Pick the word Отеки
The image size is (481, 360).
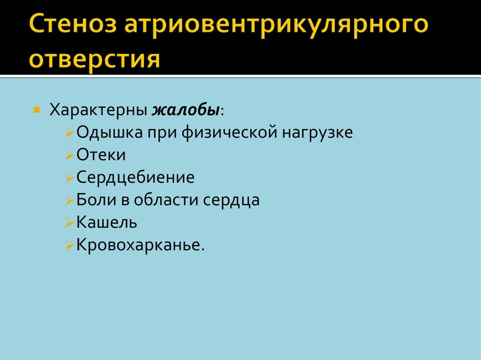click(x=101, y=155)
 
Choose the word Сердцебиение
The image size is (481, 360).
click(x=135, y=177)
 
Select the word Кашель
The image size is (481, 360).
click(x=107, y=222)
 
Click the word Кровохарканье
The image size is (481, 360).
click(x=140, y=245)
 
